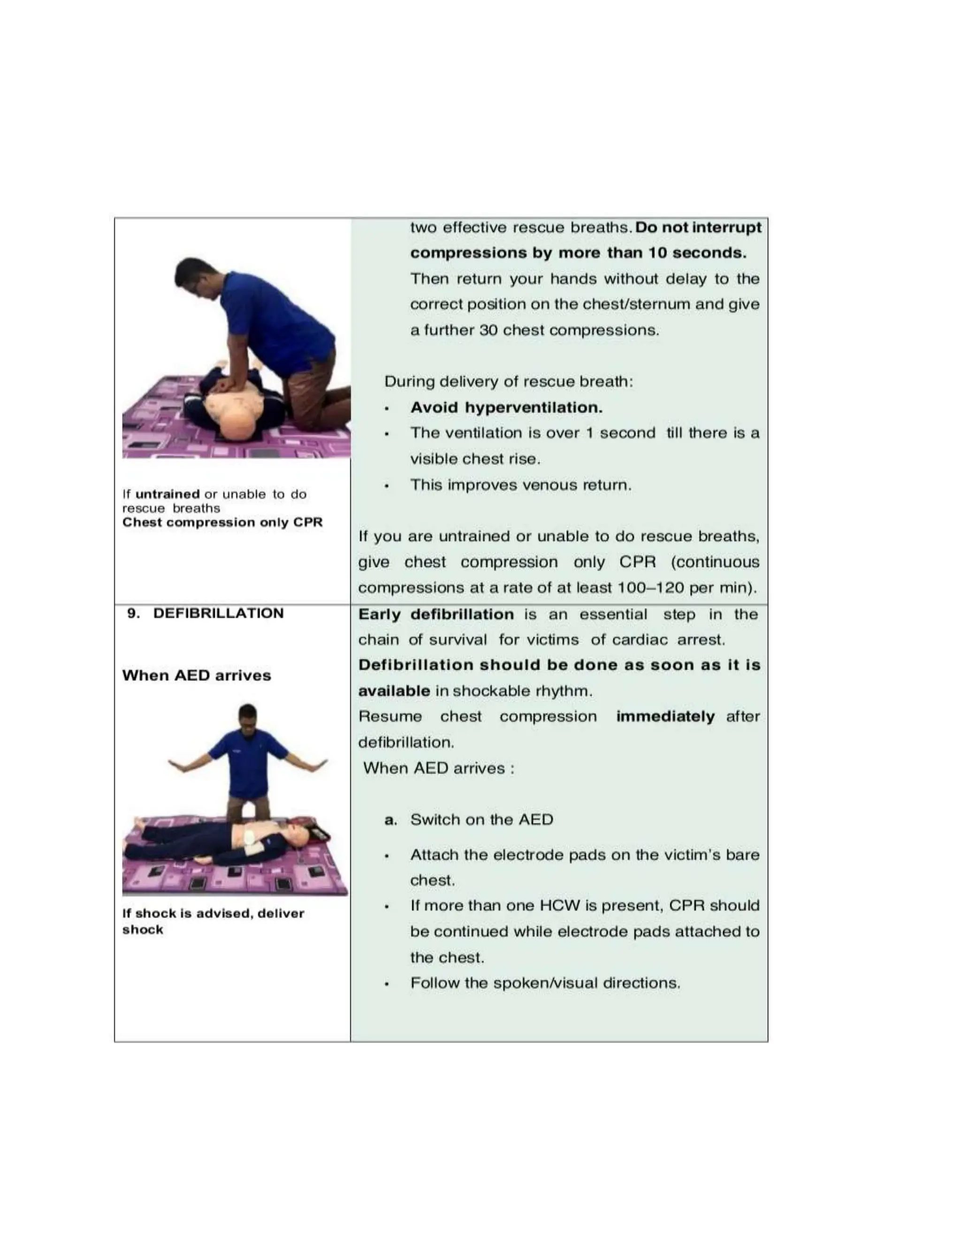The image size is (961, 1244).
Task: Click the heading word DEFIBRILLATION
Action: (218, 614)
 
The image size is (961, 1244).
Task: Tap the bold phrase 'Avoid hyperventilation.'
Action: (506, 407)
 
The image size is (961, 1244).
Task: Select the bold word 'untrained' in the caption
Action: (168, 494)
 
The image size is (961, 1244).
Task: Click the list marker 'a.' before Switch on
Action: (390, 820)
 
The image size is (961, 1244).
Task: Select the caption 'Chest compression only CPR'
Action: (222, 522)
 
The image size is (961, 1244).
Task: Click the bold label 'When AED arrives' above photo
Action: (197, 676)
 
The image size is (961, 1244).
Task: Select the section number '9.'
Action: (133, 614)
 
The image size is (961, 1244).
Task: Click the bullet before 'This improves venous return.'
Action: (387, 486)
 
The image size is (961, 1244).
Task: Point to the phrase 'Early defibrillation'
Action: (435, 614)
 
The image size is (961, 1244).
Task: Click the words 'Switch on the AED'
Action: (481, 820)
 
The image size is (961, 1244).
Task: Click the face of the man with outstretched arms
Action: (248, 718)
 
